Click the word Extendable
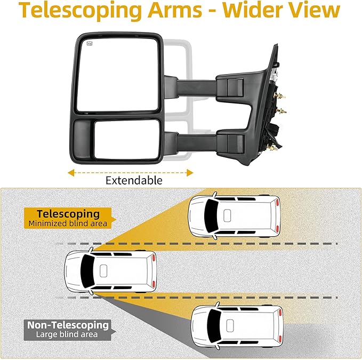pos(133,180)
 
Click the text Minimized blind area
pos(68,223)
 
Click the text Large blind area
pos(67,334)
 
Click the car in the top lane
pos(235,215)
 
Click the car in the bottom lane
pos(237,326)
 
